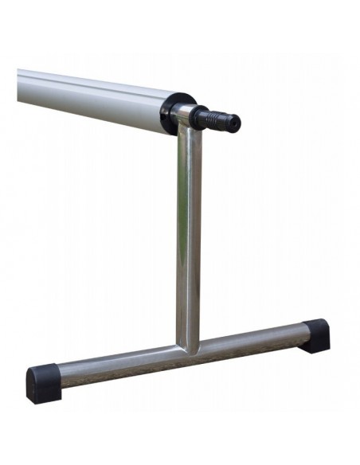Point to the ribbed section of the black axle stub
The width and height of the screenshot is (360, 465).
click(214, 119)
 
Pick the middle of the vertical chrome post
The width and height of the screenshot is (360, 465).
click(189, 239)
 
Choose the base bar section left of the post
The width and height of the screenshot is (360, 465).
click(119, 363)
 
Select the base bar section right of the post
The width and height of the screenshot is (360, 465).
click(255, 338)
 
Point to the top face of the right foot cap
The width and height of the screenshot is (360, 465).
click(315, 324)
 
